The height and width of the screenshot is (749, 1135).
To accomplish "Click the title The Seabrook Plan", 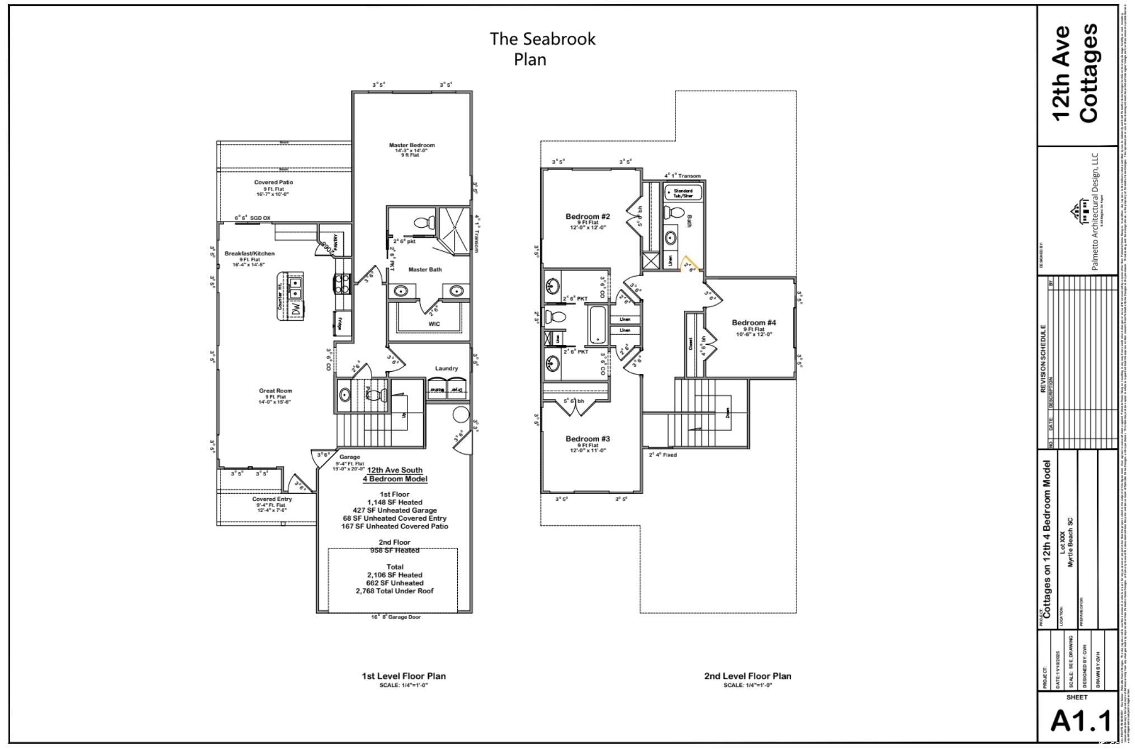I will point(542,49).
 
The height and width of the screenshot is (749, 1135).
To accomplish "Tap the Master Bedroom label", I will point(411,146).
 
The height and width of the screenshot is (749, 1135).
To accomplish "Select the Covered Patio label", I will point(273,182).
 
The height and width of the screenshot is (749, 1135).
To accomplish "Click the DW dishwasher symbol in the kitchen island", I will point(297,308).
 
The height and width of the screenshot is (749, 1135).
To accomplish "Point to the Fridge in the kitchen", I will point(339,324).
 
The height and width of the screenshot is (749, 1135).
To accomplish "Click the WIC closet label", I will point(434,324).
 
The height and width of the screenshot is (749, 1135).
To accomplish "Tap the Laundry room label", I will point(446,368).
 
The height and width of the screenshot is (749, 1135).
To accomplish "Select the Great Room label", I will point(275,391).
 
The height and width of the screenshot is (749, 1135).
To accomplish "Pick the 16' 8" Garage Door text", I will point(396,617).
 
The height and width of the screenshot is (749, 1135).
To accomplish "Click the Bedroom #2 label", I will point(587,217).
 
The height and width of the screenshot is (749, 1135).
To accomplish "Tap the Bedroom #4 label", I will point(753,322).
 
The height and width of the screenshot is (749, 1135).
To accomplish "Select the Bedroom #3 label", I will point(587,439).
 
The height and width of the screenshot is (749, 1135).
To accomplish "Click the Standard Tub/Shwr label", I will point(683,193).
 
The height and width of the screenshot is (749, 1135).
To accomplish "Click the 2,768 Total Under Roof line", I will point(394,591).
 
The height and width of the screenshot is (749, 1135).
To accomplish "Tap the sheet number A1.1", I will point(1080,722).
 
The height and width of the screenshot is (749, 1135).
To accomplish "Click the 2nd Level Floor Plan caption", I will point(747,676).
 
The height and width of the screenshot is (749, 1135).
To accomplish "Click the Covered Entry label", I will point(271,499).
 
